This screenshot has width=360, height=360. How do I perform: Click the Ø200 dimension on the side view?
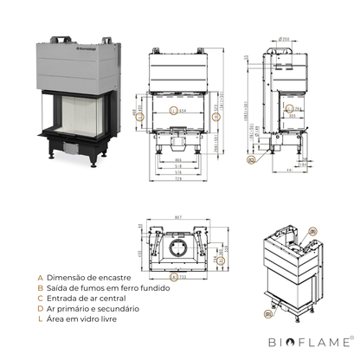(284, 39)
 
